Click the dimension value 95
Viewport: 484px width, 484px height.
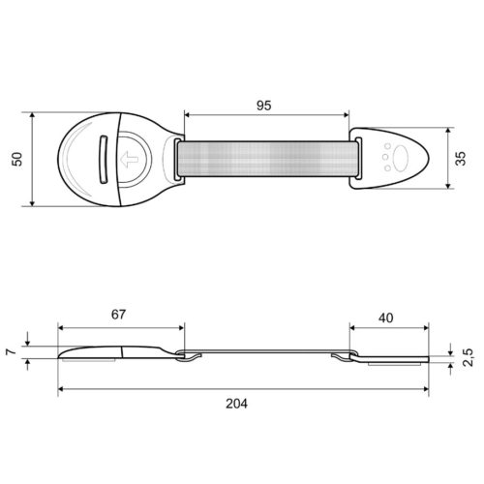[x=263, y=106]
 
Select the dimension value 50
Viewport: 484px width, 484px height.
[x=16, y=159]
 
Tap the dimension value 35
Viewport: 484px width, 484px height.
[x=461, y=159]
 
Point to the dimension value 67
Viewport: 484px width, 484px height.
[x=118, y=315]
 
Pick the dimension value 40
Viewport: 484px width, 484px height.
[x=386, y=318]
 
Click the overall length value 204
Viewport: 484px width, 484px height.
[x=236, y=404]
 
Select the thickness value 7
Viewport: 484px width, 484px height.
[x=12, y=351]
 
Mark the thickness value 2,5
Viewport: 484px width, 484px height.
[x=468, y=357]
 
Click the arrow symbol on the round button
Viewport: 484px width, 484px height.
[x=129, y=160]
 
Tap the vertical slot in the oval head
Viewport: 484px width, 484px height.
[x=103, y=160]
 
